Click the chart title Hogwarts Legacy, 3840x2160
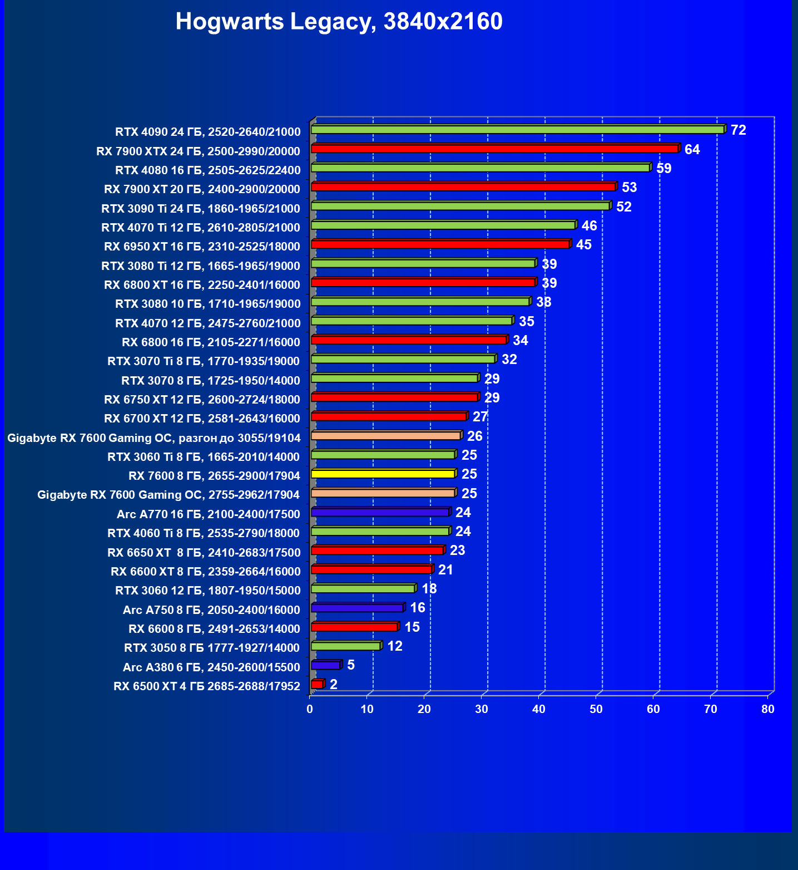pyautogui.click(x=339, y=22)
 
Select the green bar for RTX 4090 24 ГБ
pyautogui.click(x=517, y=130)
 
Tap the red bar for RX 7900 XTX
pyautogui.click(x=495, y=149)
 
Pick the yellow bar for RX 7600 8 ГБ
pyautogui.click(x=383, y=474)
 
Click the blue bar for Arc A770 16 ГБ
pyautogui.click(x=380, y=512)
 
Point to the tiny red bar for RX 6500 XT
pyautogui.click(x=317, y=684)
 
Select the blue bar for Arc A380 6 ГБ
pyautogui.click(x=326, y=665)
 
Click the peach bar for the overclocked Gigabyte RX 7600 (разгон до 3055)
pyautogui.click(x=386, y=436)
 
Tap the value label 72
pyautogui.click(x=738, y=130)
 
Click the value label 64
pyautogui.click(x=692, y=149)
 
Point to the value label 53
pyautogui.click(x=629, y=188)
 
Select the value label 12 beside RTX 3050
pyautogui.click(x=394, y=646)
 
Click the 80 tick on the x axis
pyautogui.click(x=767, y=709)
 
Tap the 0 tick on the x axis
pyautogui.click(x=310, y=709)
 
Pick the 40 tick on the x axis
pyautogui.click(x=538, y=709)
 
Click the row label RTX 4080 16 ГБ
pyautogui.click(x=207, y=170)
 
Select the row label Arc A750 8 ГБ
pyautogui.click(x=211, y=610)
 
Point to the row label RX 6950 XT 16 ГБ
pyautogui.click(x=202, y=247)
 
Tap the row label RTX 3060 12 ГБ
pyautogui.click(x=207, y=591)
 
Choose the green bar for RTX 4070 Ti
pyautogui.click(x=443, y=225)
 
